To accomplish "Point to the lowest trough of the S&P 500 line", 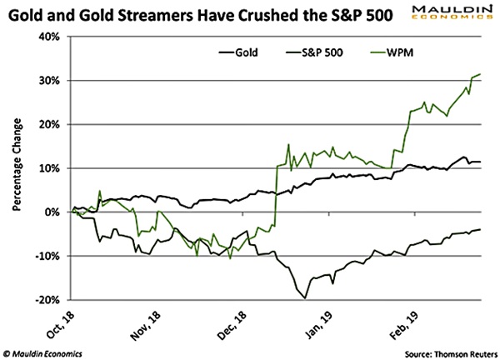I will (305, 297).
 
